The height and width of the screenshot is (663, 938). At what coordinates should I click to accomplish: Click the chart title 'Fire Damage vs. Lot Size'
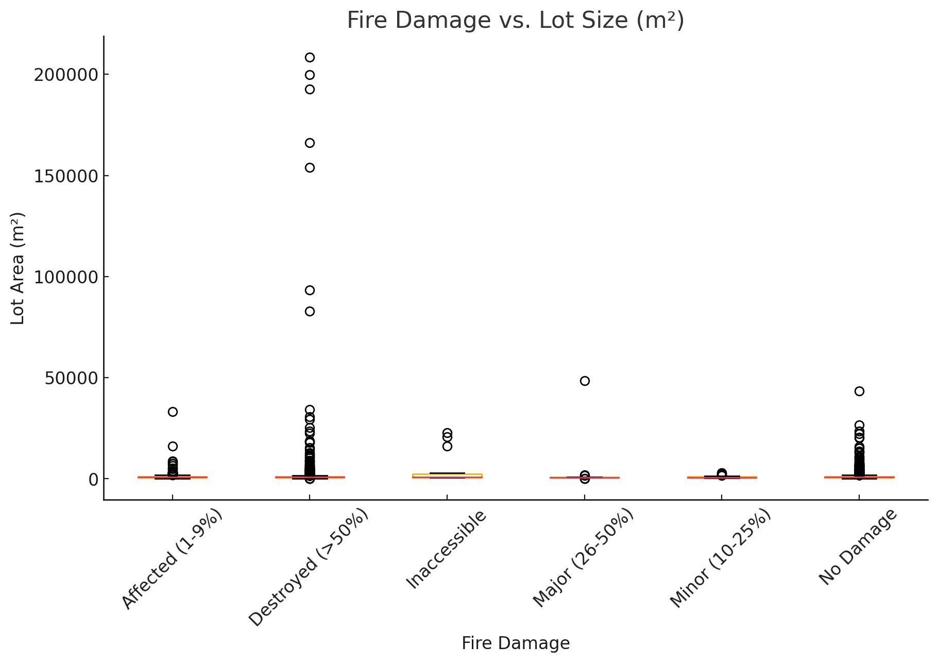tap(515, 21)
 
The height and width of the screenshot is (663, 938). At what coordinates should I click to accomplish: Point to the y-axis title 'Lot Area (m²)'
tap(18, 268)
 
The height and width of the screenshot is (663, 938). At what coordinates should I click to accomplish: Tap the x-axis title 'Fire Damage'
tap(515, 643)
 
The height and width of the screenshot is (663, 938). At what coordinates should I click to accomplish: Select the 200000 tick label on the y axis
tap(65, 75)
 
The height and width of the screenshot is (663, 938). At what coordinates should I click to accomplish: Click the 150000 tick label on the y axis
tap(65, 176)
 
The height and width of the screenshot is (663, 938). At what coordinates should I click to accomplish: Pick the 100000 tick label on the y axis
tap(65, 277)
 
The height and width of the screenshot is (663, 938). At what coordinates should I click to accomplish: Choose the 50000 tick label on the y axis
tap(71, 378)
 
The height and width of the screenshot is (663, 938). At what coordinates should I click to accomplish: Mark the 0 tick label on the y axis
tap(93, 479)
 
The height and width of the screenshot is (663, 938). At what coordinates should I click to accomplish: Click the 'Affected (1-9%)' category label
tap(172, 559)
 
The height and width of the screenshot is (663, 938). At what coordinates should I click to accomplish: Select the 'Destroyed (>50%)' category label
tap(308, 567)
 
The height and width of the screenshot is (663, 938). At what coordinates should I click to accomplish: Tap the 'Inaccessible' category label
tap(446, 549)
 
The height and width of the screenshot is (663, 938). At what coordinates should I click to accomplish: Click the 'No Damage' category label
tap(858, 547)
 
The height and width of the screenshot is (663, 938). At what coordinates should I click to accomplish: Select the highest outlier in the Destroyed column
tap(310, 57)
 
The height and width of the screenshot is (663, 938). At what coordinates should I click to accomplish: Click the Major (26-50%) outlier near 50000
tap(585, 381)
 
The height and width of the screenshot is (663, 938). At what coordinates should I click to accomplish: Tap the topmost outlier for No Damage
tap(859, 392)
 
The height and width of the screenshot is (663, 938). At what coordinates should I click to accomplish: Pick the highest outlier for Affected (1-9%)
tap(173, 412)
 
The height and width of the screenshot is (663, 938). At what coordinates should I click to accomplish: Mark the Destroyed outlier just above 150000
tap(310, 167)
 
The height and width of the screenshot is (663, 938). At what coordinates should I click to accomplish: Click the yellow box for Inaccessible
tap(447, 475)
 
